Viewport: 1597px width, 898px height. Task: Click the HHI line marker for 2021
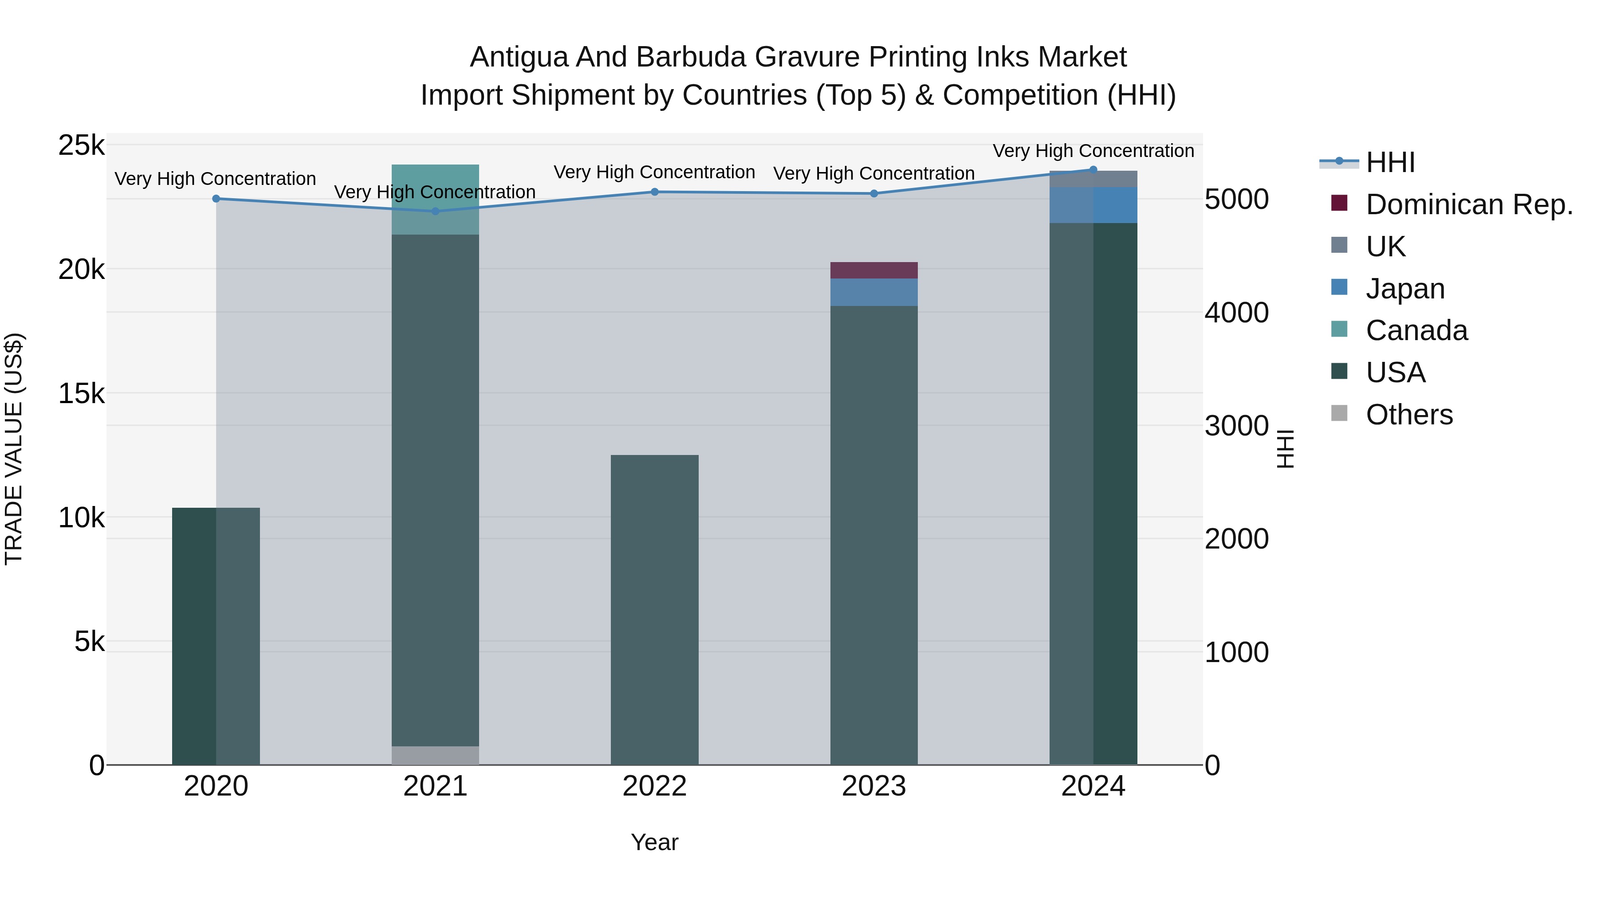pos(435,212)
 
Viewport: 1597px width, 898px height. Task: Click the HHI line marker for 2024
pos(1093,169)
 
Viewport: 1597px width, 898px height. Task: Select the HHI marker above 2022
pos(655,192)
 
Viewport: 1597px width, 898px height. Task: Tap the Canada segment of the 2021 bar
pos(435,200)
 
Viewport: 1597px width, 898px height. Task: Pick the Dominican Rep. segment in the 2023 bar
pos(873,270)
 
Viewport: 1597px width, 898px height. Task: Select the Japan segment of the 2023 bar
pos(873,292)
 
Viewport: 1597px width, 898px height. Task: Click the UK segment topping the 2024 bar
pos(1093,178)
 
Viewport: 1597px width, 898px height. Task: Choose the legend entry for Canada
pos(1416,330)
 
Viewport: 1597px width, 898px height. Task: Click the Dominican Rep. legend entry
pos(1469,204)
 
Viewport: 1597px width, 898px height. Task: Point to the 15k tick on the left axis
pos(81,393)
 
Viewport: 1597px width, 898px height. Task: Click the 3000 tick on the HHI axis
pos(1236,426)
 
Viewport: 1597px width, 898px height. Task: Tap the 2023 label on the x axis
pos(873,786)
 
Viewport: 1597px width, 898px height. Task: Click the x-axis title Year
pos(655,842)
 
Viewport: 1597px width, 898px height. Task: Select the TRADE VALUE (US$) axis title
pos(14,449)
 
